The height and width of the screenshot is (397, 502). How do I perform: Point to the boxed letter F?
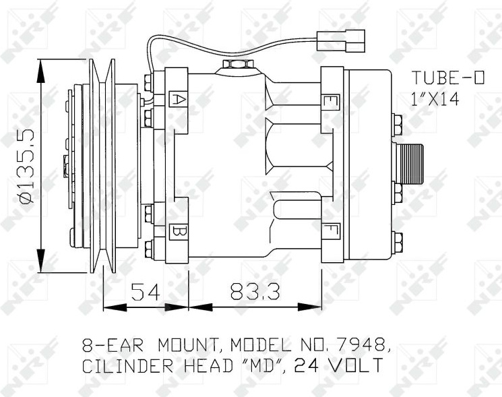pos(331,231)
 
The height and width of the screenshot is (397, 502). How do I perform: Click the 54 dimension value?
pos(146,292)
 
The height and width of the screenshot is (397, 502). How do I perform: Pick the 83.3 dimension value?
pos(255,292)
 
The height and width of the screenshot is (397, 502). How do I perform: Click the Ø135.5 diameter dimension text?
pos(27,166)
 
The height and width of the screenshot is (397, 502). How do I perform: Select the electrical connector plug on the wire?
pos(341,40)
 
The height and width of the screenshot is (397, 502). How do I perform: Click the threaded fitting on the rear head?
pos(410,163)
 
